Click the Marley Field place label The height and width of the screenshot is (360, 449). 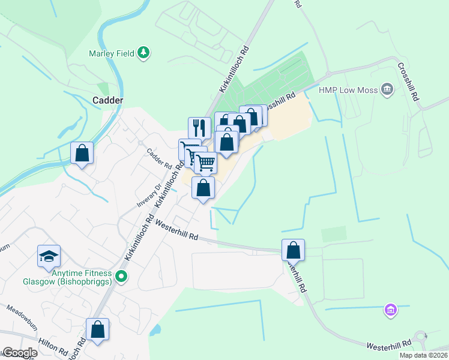pos(110,53)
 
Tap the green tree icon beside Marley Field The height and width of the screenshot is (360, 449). pos(143,53)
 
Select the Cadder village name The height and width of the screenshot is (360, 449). pos(108,100)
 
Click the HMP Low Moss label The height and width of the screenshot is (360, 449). pos(348,90)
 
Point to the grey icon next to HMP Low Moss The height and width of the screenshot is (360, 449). pos(387,90)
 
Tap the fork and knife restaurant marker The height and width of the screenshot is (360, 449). pos(199,128)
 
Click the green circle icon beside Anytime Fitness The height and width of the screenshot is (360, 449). pos(122,277)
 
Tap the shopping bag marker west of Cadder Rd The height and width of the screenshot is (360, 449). pos(82,152)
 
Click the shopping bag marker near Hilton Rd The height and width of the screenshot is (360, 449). pos(97,329)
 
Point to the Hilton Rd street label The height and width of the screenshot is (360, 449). pos(52,347)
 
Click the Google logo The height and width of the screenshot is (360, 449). pos(20,353)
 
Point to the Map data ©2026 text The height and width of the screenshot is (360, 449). pos(423,355)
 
